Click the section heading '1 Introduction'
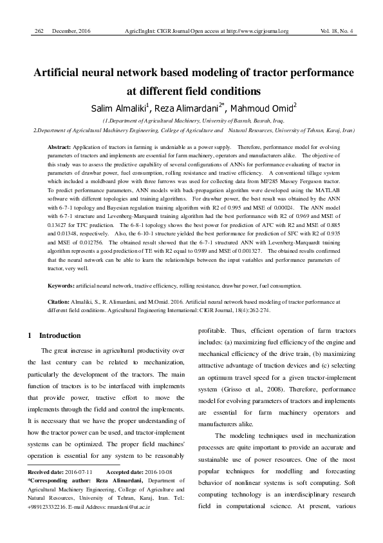[55, 336]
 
